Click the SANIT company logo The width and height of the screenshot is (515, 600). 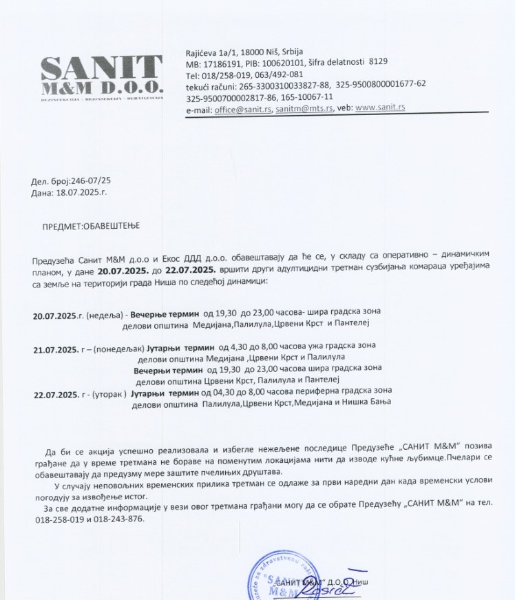(101, 77)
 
